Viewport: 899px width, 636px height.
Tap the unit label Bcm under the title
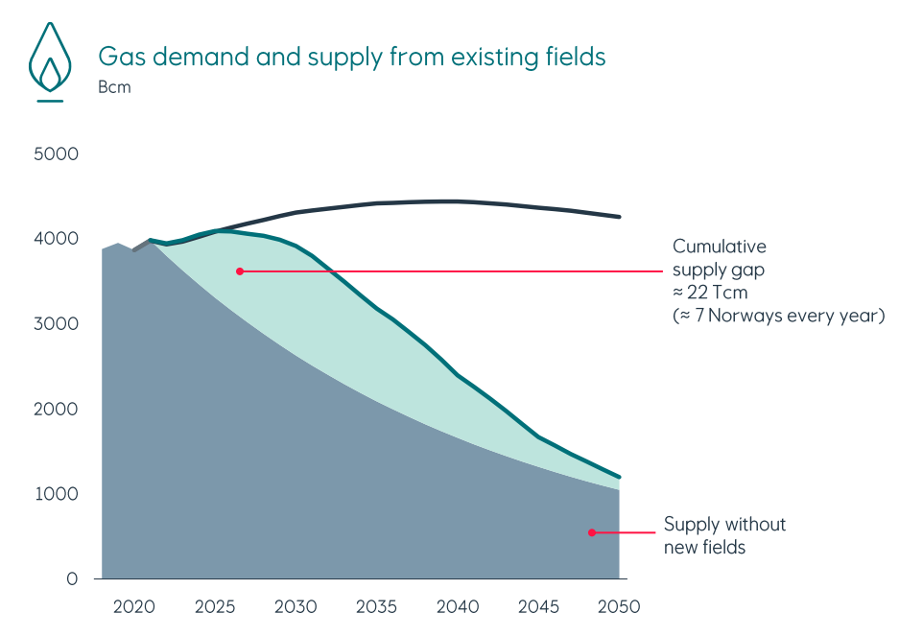coord(114,88)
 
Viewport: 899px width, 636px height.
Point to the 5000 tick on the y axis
coord(56,153)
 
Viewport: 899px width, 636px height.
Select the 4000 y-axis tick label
coord(56,239)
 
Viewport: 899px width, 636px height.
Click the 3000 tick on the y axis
coord(56,324)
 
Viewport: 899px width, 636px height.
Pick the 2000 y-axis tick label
coord(56,410)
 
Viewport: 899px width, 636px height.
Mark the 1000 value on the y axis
coord(56,494)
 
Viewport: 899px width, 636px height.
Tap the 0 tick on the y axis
coord(72,579)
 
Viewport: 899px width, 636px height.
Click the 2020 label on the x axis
coord(133,607)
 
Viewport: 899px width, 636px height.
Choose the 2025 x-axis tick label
coord(215,607)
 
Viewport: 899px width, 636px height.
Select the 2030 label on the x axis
coord(296,607)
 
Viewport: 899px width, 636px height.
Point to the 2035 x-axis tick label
coord(376,607)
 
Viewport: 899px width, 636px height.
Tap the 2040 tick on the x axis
coord(458,607)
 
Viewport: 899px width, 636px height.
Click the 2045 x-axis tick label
coord(538,607)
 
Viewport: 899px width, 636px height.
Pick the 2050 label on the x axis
coord(619,607)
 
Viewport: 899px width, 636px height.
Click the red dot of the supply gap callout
coord(240,271)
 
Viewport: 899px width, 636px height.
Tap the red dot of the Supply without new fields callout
coord(592,532)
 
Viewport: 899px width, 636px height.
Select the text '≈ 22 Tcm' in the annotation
coord(712,292)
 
